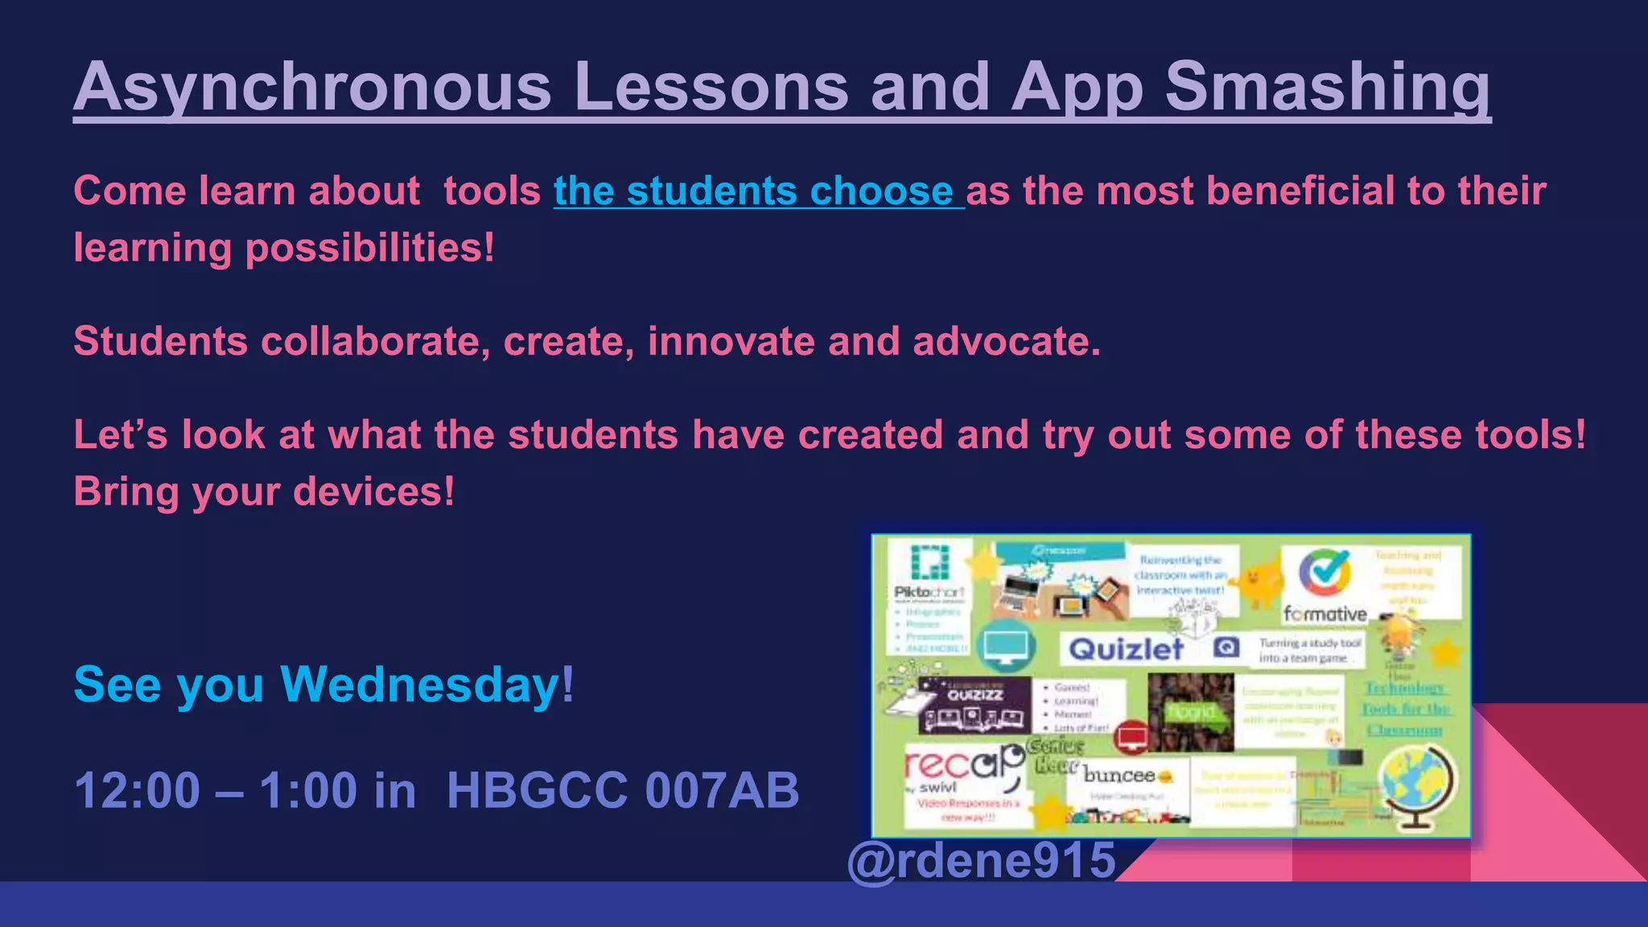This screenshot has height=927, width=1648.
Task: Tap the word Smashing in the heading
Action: click(x=1328, y=87)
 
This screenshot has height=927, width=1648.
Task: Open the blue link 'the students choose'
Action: click(x=758, y=192)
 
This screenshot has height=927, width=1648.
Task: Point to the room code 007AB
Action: click(x=722, y=790)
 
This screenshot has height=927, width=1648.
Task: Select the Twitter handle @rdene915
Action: click(x=982, y=859)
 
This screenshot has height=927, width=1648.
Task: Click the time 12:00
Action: click(x=137, y=790)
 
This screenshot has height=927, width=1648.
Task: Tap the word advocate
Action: click(x=1006, y=341)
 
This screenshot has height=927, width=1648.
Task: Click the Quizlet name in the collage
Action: click(x=1126, y=649)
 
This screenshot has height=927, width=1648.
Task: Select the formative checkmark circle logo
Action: click(x=1324, y=573)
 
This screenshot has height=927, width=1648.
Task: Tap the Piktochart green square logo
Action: click(x=929, y=562)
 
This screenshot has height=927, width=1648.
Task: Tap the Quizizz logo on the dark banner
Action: click(x=974, y=694)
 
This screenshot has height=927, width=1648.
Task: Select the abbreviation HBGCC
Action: click(x=536, y=790)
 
